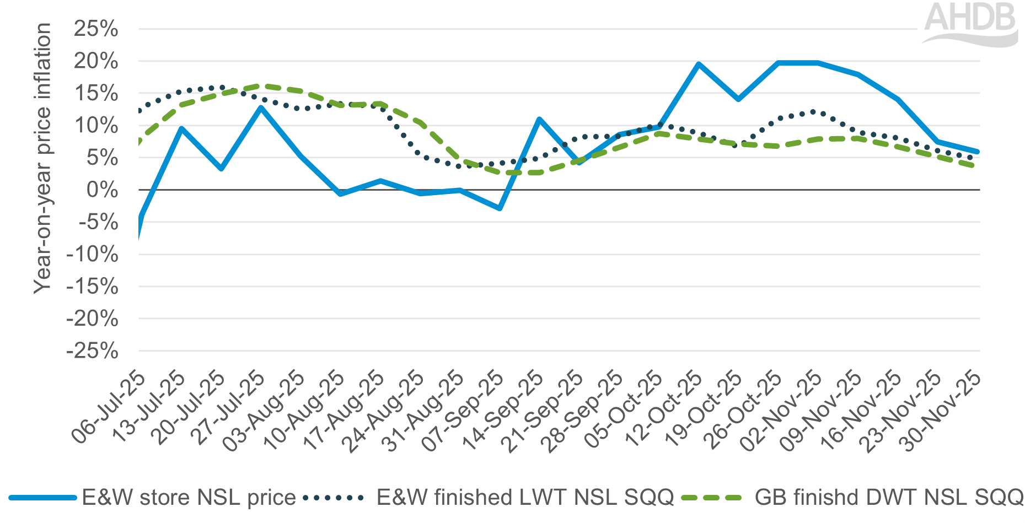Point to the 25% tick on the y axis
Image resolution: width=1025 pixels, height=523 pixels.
(x=96, y=29)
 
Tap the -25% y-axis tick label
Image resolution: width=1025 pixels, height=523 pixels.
(x=92, y=351)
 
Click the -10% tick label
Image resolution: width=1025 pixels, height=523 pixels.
(x=92, y=255)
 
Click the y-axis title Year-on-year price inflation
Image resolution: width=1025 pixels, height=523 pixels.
(x=42, y=158)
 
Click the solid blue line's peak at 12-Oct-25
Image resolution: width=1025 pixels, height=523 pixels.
(x=699, y=64)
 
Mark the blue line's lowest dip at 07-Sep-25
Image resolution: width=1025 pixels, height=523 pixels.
(x=500, y=208)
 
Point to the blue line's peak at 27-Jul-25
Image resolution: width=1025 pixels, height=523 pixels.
(x=261, y=107)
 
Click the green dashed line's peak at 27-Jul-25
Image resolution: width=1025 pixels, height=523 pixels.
(x=261, y=86)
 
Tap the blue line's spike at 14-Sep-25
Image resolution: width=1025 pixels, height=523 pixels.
(x=539, y=119)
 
